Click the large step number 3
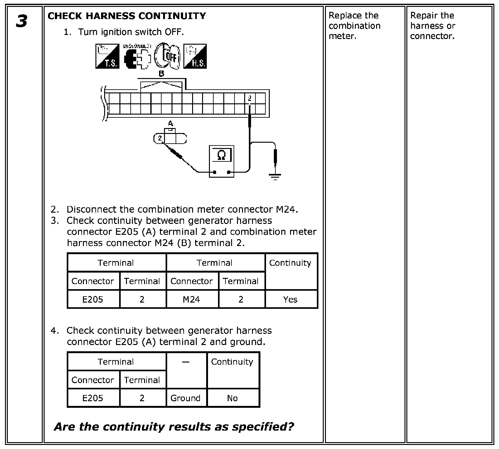22,22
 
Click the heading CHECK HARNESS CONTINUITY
127,16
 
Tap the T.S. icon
107,56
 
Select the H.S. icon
195,56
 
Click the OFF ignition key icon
167,56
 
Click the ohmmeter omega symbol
221,155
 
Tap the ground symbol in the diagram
275,177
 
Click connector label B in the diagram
162,74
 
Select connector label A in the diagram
170,124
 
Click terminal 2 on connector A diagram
160,138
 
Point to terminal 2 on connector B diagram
249,98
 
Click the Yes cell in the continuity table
290,299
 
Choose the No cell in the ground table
232,398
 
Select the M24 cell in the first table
191,299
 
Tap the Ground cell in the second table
186,398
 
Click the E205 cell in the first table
93,299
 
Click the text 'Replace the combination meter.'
355,26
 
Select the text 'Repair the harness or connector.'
433,26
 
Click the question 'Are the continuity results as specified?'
174,427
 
